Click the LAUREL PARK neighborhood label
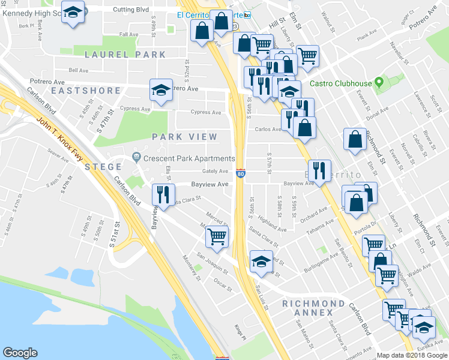click(125, 55)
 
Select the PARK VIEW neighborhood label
click(184, 137)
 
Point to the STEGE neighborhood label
click(103, 166)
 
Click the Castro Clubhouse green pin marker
click(378, 82)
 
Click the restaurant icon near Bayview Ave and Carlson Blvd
click(162, 193)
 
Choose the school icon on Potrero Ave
click(161, 90)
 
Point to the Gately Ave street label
click(214, 171)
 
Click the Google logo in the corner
click(20, 353)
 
